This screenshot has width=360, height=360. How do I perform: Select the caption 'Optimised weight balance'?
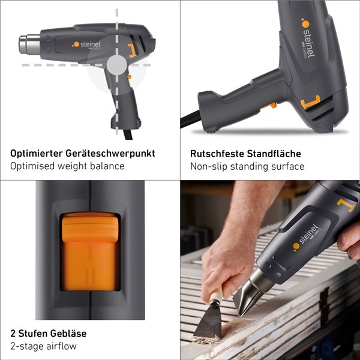pos(67,166)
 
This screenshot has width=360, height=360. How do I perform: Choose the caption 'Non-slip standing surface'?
pos(247,166)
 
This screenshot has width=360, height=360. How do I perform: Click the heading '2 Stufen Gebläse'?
pos(48,333)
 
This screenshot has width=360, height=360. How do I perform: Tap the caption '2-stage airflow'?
pos(43,346)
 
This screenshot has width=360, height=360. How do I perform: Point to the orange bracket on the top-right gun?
pos(310,103)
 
